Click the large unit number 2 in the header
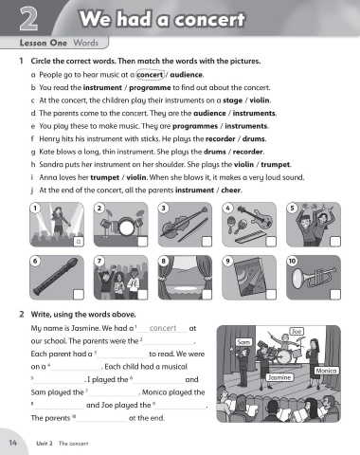(28, 19)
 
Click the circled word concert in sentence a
(150, 75)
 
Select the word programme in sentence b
(150, 88)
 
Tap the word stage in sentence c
(232, 100)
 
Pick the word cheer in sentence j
(231, 191)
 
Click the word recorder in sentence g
(248, 152)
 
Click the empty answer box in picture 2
(142, 242)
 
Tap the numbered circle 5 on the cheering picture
(292, 208)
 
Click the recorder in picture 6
(56, 277)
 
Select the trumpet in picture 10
(314, 277)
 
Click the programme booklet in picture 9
(248, 277)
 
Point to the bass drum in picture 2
(127, 227)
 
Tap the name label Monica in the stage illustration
(326, 371)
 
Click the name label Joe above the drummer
(297, 331)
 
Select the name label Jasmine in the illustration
(279, 377)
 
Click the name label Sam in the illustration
(243, 342)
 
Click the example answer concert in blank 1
(163, 328)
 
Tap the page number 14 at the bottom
(12, 443)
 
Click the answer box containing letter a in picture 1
(79, 242)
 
